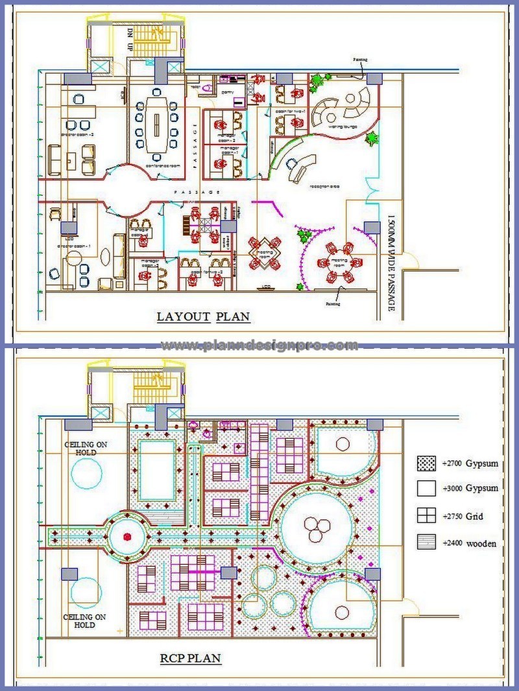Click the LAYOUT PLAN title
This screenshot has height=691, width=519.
204,317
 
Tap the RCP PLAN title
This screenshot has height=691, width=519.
191,659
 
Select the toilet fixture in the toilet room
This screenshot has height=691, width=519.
208,86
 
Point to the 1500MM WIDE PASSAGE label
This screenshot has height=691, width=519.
391,263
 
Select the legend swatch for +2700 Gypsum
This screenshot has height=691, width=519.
426,464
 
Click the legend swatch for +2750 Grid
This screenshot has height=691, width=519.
426,517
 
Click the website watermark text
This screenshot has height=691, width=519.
259,345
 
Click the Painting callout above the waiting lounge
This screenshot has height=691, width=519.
361,60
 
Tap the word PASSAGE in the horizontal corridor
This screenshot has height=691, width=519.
200,193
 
